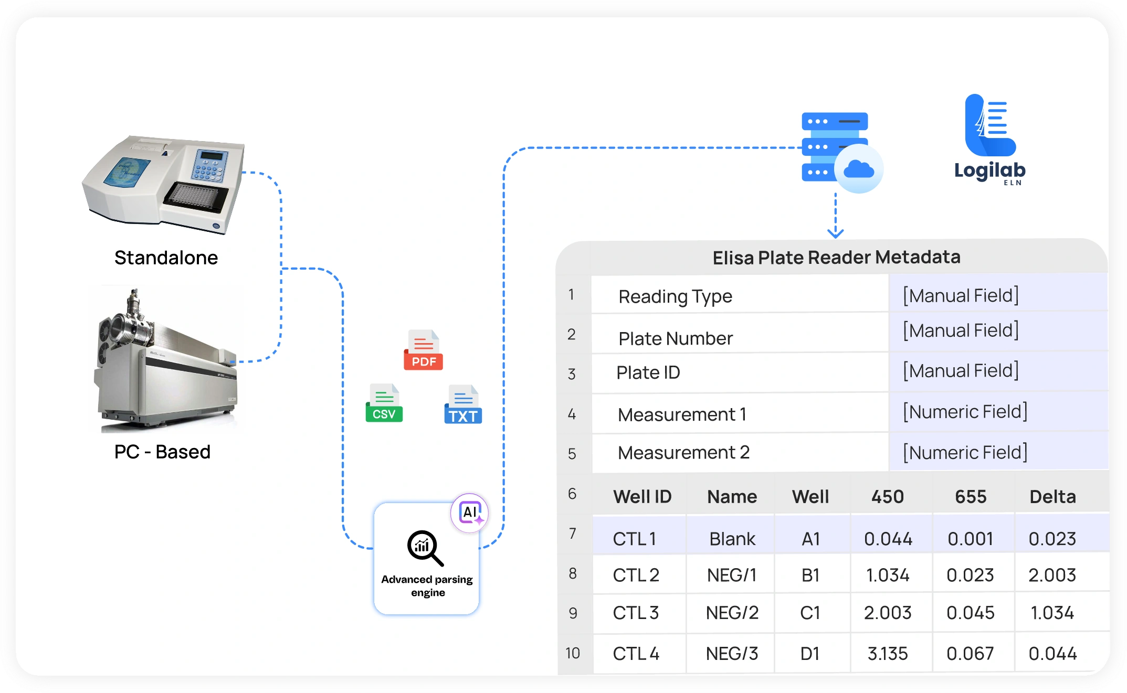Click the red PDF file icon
[x=423, y=350]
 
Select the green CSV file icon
[x=384, y=403]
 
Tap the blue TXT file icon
[x=463, y=405]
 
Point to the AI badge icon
[x=470, y=513]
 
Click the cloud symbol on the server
[x=859, y=169]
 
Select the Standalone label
[x=166, y=258]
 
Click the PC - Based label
[x=162, y=452]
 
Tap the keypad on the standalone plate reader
[x=210, y=165]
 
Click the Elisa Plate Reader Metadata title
[x=836, y=257]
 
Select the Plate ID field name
[x=648, y=372]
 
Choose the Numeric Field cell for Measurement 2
[x=965, y=452]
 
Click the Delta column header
[x=1052, y=496]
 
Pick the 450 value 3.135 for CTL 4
[x=888, y=654]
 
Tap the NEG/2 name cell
[x=732, y=613]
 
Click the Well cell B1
[x=810, y=575]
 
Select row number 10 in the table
[x=573, y=653]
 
